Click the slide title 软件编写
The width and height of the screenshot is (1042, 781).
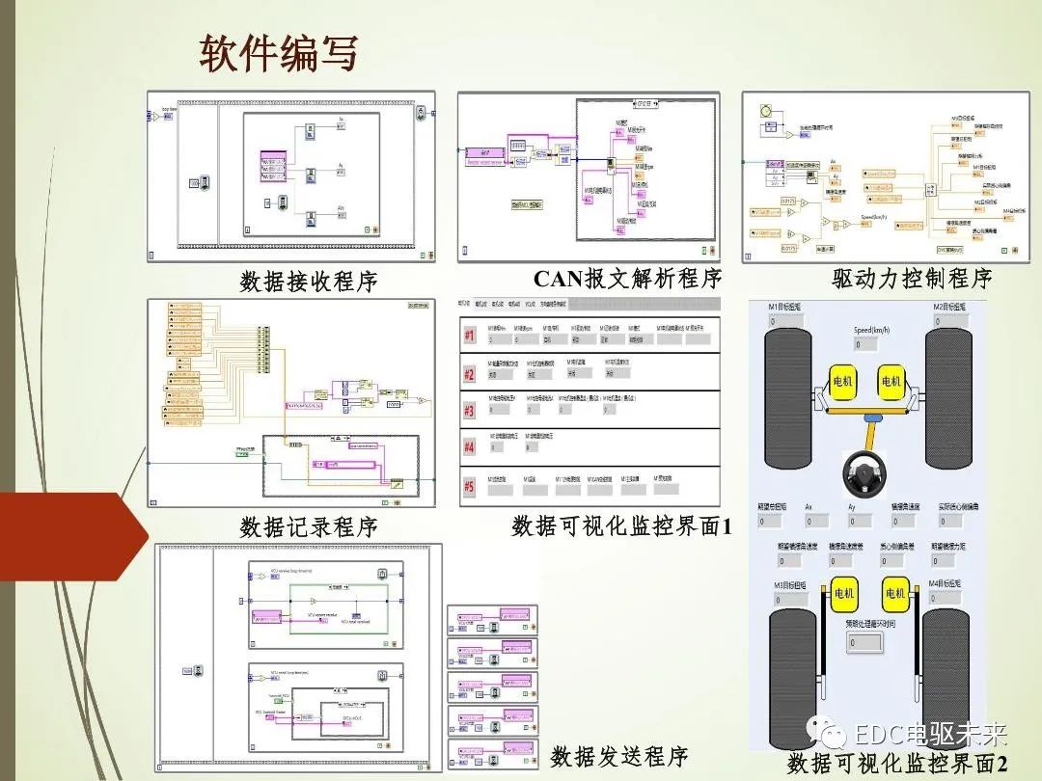tap(278, 54)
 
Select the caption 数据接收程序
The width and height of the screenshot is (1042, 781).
tap(309, 282)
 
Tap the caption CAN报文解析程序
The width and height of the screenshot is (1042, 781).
tap(627, 280)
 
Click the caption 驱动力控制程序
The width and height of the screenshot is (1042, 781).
tap(912, 280)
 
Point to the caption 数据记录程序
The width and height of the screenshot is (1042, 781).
tap(309, 526)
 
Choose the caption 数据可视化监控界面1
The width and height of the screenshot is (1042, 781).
tap(622, 526)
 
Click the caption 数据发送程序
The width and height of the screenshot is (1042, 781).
tap(618, 756)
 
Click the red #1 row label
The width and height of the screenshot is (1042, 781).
tap(470, 337)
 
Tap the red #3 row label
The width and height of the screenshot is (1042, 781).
tap(470, 412)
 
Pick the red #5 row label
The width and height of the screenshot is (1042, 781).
tap(470, 487)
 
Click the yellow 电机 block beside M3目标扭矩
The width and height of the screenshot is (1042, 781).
tap(844, 593)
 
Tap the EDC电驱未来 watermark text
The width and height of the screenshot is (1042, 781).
tap(931, 734)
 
